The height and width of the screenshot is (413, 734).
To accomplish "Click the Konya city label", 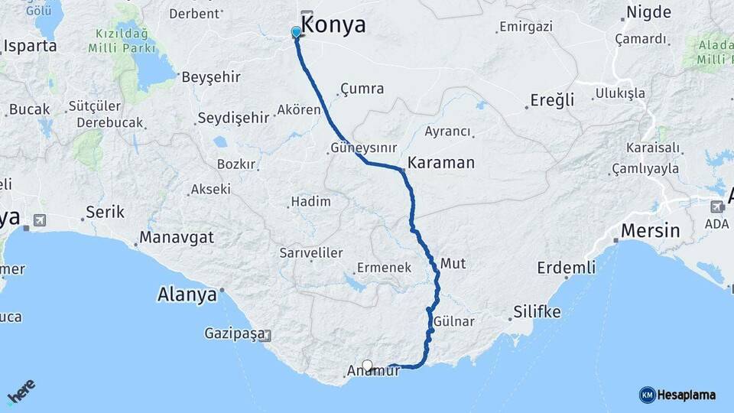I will (x=335, y=25).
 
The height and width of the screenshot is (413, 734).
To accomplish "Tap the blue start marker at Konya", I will (x=296, y=31).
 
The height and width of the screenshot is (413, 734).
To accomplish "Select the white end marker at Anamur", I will (x=367, y=365).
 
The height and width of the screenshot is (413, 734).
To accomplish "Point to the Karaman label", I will (x=441, y=163).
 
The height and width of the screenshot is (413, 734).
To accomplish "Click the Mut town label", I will (x=453, y=263).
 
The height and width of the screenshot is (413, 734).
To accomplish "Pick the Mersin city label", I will (x=651, y=230).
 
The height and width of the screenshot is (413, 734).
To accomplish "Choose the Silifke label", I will (x=537, y=312).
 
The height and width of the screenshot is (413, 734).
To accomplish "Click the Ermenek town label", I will (x=384, y=268).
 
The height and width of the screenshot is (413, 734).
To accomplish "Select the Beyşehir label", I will (x=211, y=77).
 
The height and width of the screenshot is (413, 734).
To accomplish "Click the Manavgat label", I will (x=176, y=238).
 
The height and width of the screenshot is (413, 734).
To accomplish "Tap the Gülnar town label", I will (x=453, y=322).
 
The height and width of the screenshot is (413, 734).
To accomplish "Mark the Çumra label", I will (x=362, y=89).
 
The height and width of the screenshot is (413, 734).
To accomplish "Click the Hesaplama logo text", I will (x=687, y=395).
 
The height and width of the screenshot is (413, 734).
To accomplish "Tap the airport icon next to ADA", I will (x=716, y=206).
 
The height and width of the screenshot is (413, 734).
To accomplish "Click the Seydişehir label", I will (x=233, y=118).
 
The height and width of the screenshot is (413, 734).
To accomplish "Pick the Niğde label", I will (x=648, y=12).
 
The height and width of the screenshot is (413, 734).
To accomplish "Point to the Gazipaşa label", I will (x=234, y=333).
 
